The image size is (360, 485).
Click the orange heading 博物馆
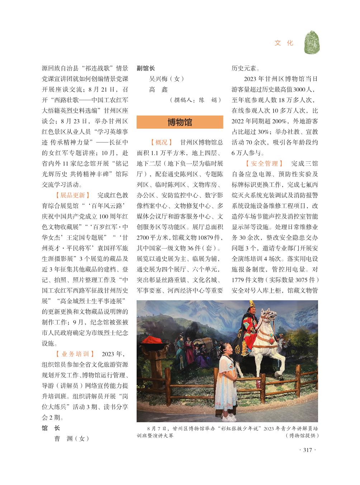[180, 122]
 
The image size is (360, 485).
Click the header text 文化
[284, 43]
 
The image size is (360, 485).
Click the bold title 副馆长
[146, 68]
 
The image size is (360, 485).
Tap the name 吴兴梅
[158, 79]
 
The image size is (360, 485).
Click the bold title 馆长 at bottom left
[51, 428]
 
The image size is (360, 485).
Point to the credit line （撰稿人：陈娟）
[195, 100]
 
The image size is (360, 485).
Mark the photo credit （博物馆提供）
[302, 435]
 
